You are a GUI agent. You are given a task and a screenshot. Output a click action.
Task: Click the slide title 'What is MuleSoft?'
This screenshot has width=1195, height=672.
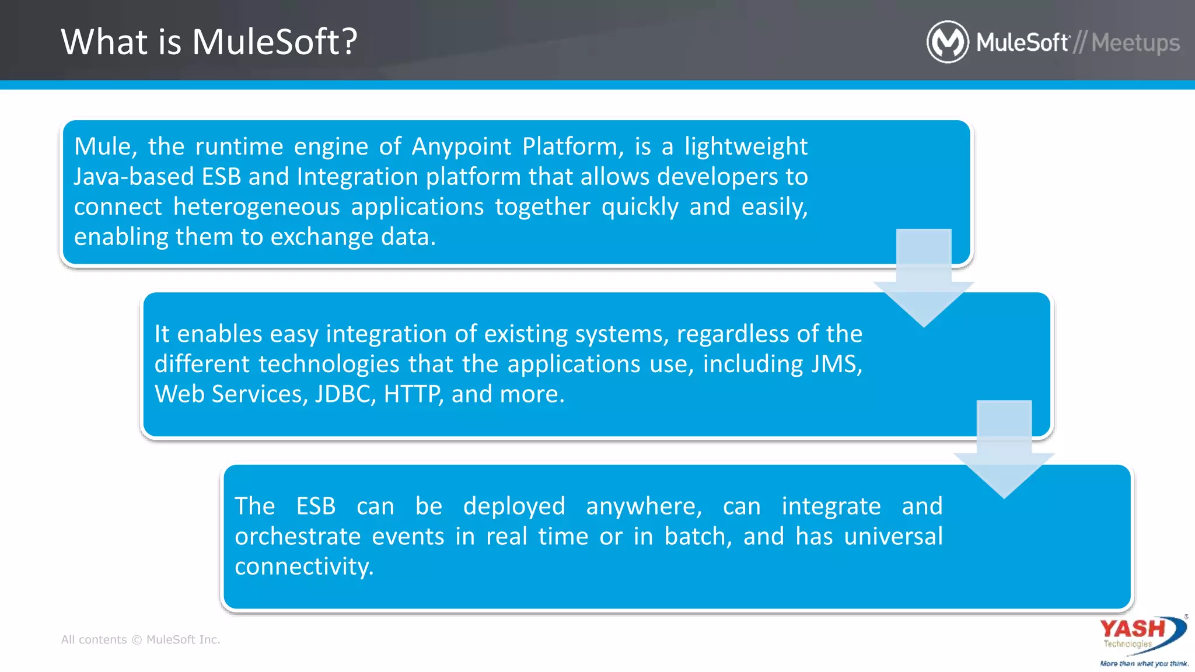click(x=209, y=42)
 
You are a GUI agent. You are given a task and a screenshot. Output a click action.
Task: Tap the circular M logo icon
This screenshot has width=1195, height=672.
click(x=947, y=42)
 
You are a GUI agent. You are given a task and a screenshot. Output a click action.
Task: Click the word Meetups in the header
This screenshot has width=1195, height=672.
click(x=1135, y=43)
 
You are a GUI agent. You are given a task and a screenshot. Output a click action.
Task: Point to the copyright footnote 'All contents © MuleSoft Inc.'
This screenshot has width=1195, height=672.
click(x=141, y=639)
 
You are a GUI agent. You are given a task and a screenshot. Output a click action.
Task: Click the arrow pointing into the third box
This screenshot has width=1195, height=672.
click(x=1004, y=450)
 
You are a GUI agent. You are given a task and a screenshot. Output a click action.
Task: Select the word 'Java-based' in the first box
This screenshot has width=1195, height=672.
click(x=134, y=177)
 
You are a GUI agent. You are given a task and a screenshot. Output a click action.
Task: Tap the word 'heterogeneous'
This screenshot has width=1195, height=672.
click(x=256, y=207)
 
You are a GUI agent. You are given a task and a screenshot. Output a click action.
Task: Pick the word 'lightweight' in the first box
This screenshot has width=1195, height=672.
click(x=746, y=146)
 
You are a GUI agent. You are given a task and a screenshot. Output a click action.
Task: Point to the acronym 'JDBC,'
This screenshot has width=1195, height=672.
click(x=345, y=394)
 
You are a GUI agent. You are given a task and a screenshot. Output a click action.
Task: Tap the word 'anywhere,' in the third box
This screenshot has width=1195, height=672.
click(x=644, y=506)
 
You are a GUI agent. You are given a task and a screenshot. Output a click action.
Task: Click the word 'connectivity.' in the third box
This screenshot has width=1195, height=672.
click(x=304, y=567)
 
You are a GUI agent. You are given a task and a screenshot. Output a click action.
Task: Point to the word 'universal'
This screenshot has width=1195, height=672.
click(x=893, y=537)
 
